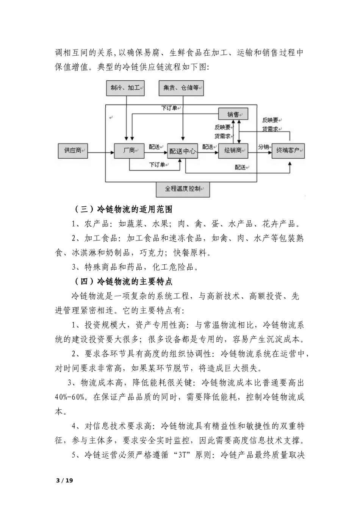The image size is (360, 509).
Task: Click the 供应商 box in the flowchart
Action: (x=73, y=151)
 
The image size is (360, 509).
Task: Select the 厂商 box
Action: (x=129, y=151)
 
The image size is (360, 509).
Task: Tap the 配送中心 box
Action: (x=183, y=151)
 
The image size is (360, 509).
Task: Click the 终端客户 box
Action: (x=288, y=151)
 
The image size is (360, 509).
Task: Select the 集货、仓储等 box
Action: (x=181, y=88)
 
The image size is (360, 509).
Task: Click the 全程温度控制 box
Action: (x=183, y=189)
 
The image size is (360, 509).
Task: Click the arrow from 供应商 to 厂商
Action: (x=100, y=153)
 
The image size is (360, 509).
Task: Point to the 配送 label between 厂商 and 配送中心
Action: (x=154, y=147)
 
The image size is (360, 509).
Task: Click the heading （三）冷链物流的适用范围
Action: (x=123, y=209)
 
